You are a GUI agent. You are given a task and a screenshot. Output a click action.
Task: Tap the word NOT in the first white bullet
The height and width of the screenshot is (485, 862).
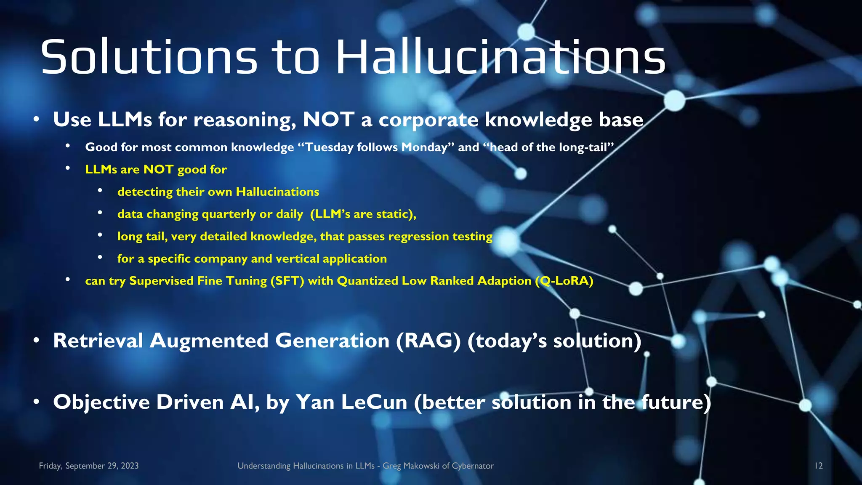328,120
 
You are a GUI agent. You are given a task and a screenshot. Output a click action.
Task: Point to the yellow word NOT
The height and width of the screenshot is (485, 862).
158,170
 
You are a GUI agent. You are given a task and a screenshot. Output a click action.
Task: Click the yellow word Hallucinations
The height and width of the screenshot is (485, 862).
277,192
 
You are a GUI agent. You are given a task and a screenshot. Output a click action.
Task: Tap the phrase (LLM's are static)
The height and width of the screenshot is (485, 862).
363,214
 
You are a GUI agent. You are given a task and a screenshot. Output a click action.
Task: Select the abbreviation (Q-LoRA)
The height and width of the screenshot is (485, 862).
564,281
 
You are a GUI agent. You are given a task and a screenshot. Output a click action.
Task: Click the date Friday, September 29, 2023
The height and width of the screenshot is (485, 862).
89,466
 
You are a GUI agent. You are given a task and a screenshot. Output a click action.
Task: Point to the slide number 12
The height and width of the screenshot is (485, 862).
818,466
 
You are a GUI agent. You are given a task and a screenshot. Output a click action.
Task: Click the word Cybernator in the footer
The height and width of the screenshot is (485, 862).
473,466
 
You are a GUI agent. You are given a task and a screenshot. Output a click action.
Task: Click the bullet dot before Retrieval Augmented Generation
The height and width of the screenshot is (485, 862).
37,340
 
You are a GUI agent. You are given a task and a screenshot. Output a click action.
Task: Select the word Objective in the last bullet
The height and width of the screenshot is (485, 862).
101,402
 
